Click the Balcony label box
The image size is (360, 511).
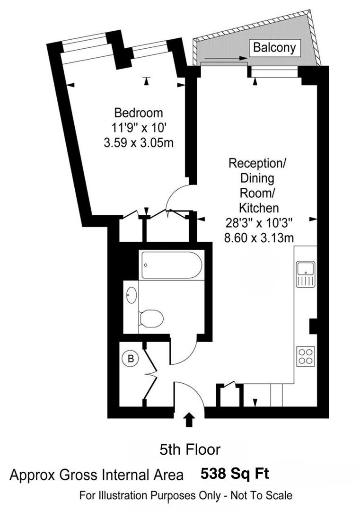[x=274, y=47]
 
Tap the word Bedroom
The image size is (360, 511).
[x=139, y=113]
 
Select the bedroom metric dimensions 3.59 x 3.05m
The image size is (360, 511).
[x=139, y=141]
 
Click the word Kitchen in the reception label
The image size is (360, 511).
[x=258, y=208]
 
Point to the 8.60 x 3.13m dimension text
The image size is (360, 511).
[x=259, y=238]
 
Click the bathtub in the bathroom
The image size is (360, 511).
[x=171, y=265]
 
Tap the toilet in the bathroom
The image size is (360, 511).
[x=152, y=318]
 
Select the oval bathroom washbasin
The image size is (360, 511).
[x=131, y=296]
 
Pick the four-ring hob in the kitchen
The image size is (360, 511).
[x=306, y=356]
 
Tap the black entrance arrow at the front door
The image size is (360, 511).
[x=189, y=419]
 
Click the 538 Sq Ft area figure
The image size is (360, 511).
[x=235, y=473]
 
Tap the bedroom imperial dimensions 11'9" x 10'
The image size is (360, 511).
[x=139, y=127]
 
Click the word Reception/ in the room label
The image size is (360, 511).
[x=258, y=164]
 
